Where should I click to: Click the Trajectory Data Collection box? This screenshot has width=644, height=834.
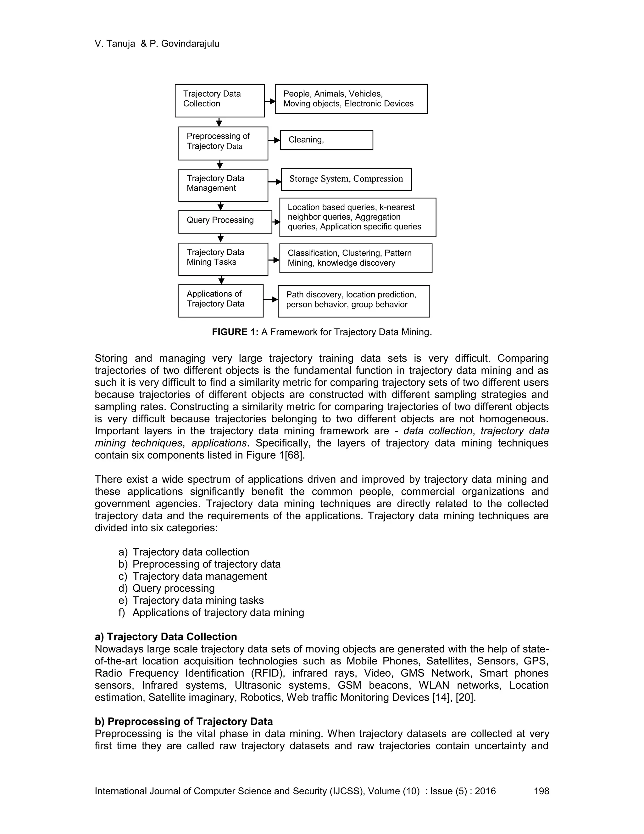click(x=219, y=100)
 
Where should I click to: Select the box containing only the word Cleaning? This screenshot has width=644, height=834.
click(x=326, y=140)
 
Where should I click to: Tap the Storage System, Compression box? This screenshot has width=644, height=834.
click(x=346, y=179)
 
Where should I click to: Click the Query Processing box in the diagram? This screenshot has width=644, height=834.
click(x=225, y=222)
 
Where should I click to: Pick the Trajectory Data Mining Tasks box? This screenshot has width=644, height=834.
click(x=223, y=259)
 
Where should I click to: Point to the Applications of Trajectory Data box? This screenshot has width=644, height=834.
click(x=220, y=301)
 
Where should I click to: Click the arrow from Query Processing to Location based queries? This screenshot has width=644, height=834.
click(x=276, y=222)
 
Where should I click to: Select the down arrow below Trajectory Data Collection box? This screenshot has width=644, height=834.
click(x=219, y=122)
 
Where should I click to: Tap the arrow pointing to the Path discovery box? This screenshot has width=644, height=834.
click(x=270, y=299)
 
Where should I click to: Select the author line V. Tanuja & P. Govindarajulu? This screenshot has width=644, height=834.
click(x=157, y=43)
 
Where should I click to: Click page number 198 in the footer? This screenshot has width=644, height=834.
click(x=541, y=791)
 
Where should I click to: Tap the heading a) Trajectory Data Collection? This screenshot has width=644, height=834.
click(x=166, y=637)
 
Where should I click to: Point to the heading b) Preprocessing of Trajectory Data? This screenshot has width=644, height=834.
click(x=184, y=721)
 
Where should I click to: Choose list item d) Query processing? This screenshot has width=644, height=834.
click(x=167, y=588)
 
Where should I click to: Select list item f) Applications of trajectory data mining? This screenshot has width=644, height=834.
click(x=211, y=612)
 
